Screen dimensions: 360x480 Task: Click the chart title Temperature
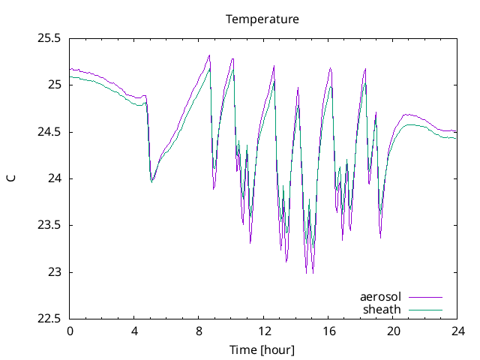[x=262, y=19]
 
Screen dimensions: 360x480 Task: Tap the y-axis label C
[x=11, y=178]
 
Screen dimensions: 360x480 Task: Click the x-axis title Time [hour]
[x=262, y=350]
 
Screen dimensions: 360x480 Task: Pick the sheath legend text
[x=382, y=309]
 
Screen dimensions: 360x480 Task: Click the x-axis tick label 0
[x=70, y=331]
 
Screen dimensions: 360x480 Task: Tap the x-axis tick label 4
[x=134, y=331]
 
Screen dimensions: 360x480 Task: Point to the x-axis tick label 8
[x=199, y=331]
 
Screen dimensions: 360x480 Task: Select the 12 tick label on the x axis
[x=264, y=331]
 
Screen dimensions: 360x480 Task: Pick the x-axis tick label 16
[x=328, y=331]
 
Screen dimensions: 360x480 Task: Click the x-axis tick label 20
[x=393, y=331]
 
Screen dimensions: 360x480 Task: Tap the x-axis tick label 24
[x=457, y=331]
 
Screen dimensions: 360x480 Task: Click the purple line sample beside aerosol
[x=425, y=298]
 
